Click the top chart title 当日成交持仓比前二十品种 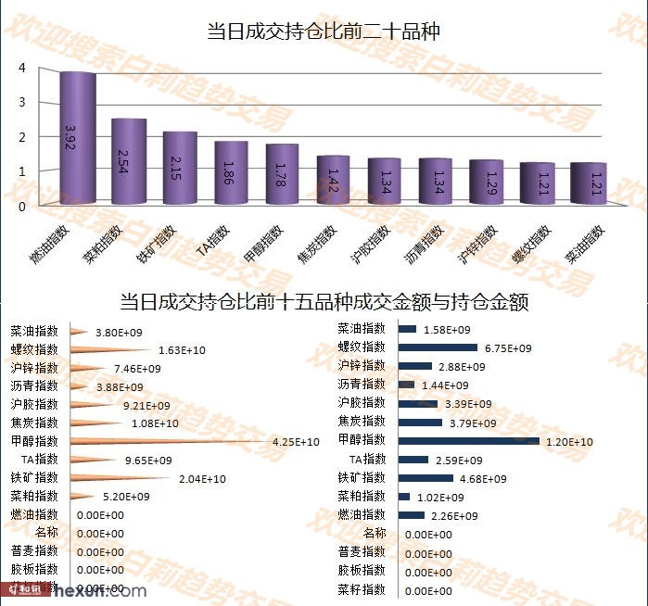[x=323, y=32]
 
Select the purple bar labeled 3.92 [x=78, y=139]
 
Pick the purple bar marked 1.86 [x=231, y=173]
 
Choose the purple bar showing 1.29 [x=486, y=182]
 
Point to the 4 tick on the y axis [x=21, y=68]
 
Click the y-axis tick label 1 [x=21, y=171]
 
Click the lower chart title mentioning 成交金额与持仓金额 [x=324, y=302]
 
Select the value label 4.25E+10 [x=296, y=442]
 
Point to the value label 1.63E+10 [x=182, y=349]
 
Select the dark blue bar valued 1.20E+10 [x=468, y=441]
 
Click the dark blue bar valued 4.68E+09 [x=426, y=478]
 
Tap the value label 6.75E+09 [x=508, y=348]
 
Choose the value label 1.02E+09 [x=442, y=497]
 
